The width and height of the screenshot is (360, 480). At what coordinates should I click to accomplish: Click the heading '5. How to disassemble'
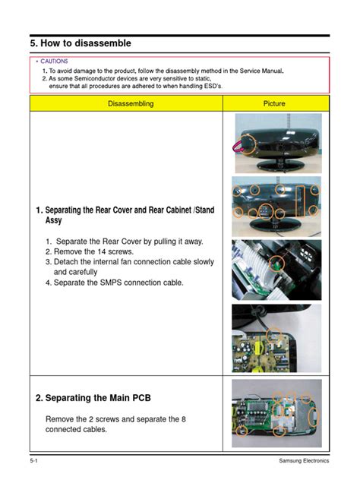point(81,43)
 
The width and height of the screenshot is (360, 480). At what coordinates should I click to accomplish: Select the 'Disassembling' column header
point(126,103)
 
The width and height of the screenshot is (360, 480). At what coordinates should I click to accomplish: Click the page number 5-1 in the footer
point(35,463)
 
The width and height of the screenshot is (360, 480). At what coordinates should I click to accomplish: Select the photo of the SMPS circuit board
point(276,338)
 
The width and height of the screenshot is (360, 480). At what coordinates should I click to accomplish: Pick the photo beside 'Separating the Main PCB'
point(276,413)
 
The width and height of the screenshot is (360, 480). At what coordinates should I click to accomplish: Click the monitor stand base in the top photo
point(276,165)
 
